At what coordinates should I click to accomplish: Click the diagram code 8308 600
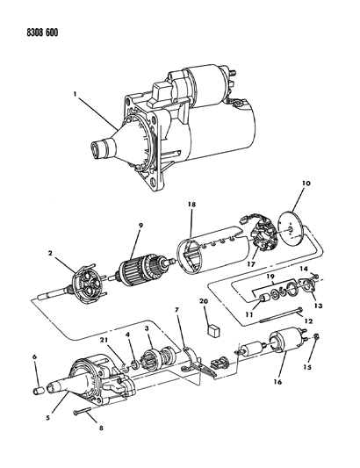42,32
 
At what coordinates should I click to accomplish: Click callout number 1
76,94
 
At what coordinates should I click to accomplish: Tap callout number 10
306,184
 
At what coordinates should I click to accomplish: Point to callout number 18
191,205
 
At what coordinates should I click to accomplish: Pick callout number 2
50,254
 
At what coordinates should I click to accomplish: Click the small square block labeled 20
213,330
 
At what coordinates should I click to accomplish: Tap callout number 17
251,264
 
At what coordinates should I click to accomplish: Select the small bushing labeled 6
39,391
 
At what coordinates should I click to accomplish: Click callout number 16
277,382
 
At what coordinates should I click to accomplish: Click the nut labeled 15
317,336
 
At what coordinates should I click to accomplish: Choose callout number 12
308,321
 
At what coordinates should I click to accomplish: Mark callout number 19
270,276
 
